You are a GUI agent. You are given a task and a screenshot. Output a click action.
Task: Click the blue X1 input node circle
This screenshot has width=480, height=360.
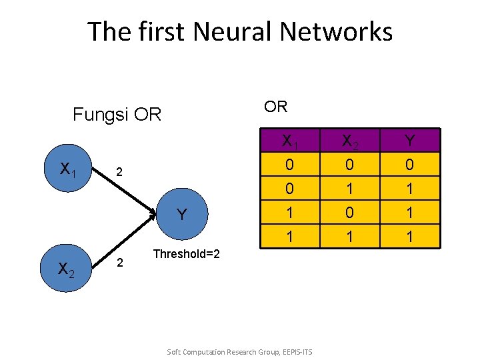[68, 168]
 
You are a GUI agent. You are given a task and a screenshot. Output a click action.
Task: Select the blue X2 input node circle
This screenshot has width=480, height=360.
[66, 268]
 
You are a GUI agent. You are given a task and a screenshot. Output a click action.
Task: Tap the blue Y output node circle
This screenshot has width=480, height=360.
[182, 214]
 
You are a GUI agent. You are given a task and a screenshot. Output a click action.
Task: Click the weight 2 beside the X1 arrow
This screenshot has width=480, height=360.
[119, 172]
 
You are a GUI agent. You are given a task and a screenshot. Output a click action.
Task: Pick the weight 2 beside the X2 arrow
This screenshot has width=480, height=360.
[120, 263]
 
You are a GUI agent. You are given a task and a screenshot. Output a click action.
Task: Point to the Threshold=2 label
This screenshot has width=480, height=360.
[187, 254]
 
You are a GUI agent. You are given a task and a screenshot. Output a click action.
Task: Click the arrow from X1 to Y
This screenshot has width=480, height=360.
[124, 191]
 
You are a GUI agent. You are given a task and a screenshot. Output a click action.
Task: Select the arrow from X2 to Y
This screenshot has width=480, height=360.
[124, 241]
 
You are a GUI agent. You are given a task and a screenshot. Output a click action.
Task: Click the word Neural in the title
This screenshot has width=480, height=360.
[233, 31]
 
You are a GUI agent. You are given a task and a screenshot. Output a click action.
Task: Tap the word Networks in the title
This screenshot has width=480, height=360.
[336, 31]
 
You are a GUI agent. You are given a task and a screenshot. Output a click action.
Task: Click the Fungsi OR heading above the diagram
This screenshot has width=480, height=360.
[117, 114]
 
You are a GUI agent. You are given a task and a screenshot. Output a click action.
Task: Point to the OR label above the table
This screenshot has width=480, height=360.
[275, 107]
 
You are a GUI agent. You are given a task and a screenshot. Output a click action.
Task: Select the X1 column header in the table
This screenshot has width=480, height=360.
[290, 141]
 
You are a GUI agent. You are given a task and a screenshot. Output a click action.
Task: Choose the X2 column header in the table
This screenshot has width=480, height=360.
[350, 141]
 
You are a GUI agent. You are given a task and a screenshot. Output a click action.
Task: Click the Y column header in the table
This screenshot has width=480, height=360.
[410, 141]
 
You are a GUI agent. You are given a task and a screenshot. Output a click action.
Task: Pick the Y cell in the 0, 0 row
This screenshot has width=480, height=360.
[410, 165]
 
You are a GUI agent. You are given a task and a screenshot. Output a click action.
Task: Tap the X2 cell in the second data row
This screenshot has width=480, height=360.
[350, 188]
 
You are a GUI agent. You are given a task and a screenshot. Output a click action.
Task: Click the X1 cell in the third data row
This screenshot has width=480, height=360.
[290, 213]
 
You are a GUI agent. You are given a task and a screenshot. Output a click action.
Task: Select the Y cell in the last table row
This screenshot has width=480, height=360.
[410, 236]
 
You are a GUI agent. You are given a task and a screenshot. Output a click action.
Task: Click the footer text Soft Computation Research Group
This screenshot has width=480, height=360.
[223, 352]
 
